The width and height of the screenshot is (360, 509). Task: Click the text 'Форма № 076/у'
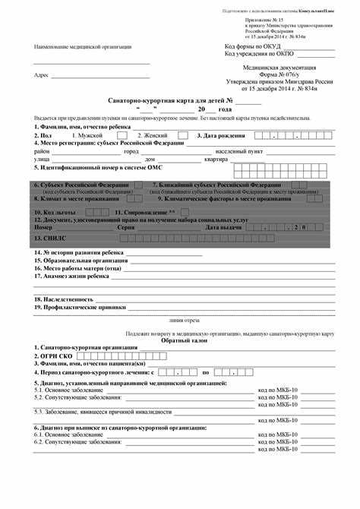click(279, 74)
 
